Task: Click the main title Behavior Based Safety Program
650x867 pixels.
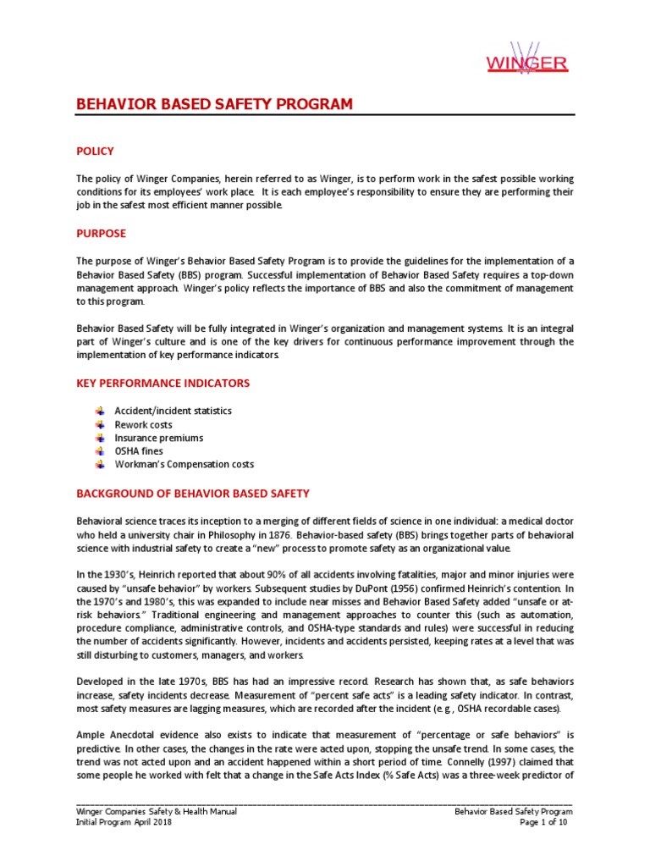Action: [213, 104]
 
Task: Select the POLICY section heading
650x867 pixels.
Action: [95, 151]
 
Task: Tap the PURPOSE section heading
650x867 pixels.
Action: [101, 232]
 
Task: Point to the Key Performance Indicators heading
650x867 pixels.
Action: [163, 383]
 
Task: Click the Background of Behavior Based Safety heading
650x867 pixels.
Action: [193, 493]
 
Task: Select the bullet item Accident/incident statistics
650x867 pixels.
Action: [173, 411]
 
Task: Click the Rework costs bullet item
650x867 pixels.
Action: [143, 424]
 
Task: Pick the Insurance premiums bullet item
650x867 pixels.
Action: [159, 438]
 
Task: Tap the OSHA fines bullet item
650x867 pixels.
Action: [139, 451]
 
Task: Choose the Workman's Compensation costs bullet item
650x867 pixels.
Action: [184, 465]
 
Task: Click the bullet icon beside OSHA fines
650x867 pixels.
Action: [99, 451]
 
